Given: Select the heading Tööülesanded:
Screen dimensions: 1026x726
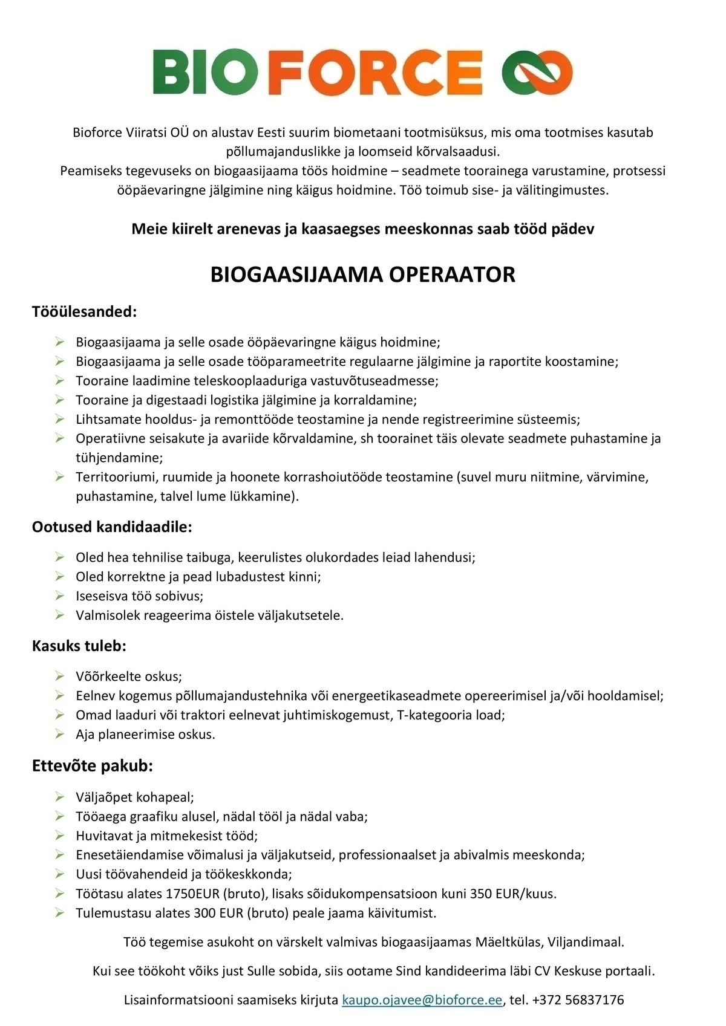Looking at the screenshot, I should point(84,312).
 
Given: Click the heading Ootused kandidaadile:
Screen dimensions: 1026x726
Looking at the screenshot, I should point(112,527).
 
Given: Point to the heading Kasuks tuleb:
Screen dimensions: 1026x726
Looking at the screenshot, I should point(79,646).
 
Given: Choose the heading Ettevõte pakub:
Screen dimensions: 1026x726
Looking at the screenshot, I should point(93,766).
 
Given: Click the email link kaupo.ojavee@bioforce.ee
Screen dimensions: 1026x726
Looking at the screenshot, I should point(422,999).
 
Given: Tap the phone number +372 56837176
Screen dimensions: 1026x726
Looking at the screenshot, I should point(578,999).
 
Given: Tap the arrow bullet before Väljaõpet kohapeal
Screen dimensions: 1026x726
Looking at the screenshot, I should point(59,797).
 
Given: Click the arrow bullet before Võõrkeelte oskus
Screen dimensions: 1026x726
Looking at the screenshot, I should point(59,676).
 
